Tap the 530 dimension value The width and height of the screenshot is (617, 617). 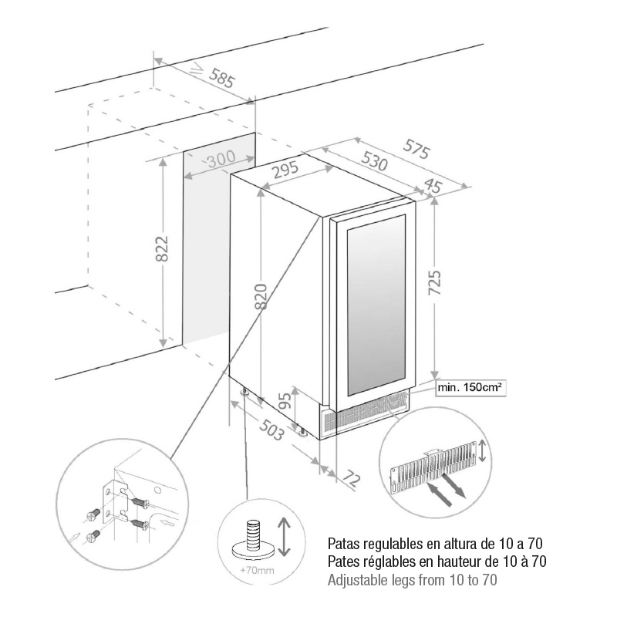[x=373, y=161]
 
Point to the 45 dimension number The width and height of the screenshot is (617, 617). [x=433, y=186]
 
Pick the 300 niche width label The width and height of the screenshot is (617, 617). [x=221, y=160]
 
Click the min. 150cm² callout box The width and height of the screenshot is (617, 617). [x=470, y=388]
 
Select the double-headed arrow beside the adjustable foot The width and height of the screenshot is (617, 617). [x=283, y=537]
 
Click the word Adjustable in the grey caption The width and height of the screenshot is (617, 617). [x=359, y=579]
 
